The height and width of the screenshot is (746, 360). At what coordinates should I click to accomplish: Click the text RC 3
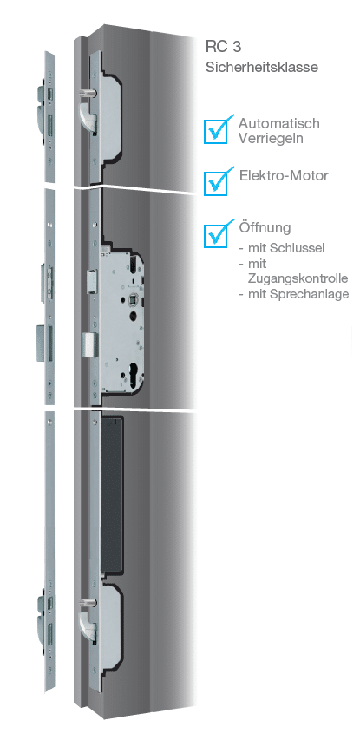click(x=223, y=47)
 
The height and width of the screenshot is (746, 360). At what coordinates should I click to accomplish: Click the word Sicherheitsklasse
click(x=262, y=67)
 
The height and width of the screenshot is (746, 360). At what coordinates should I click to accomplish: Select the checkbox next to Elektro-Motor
click(x=216, y=183)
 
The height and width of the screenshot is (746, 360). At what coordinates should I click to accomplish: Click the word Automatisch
click(x=278, y=124)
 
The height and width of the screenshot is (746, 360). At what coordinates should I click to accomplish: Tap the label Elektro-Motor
click(x=284, y=175)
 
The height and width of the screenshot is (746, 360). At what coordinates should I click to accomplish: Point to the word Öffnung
click(x=265, y=227)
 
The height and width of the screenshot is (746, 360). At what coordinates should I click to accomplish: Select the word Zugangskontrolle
click(x=298, y=278)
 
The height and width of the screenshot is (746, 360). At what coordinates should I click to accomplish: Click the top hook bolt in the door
click(x=88, y=115)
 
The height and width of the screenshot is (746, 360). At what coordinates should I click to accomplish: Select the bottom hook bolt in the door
click(x=88, y=623)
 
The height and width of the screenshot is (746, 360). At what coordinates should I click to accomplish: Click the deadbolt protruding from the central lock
click(x=89, y=344)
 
